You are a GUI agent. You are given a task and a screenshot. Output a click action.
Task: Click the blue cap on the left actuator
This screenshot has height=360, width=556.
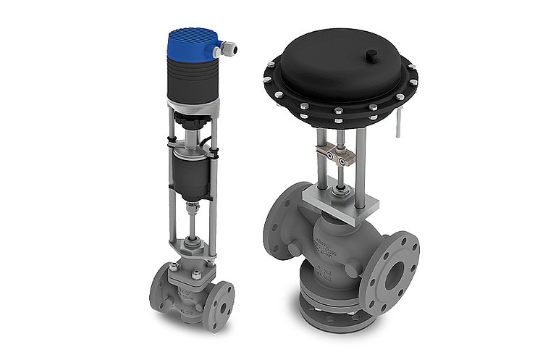coord(193,42)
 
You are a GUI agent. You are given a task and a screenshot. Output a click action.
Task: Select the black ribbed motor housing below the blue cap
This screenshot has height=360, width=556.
coord(193,80)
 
